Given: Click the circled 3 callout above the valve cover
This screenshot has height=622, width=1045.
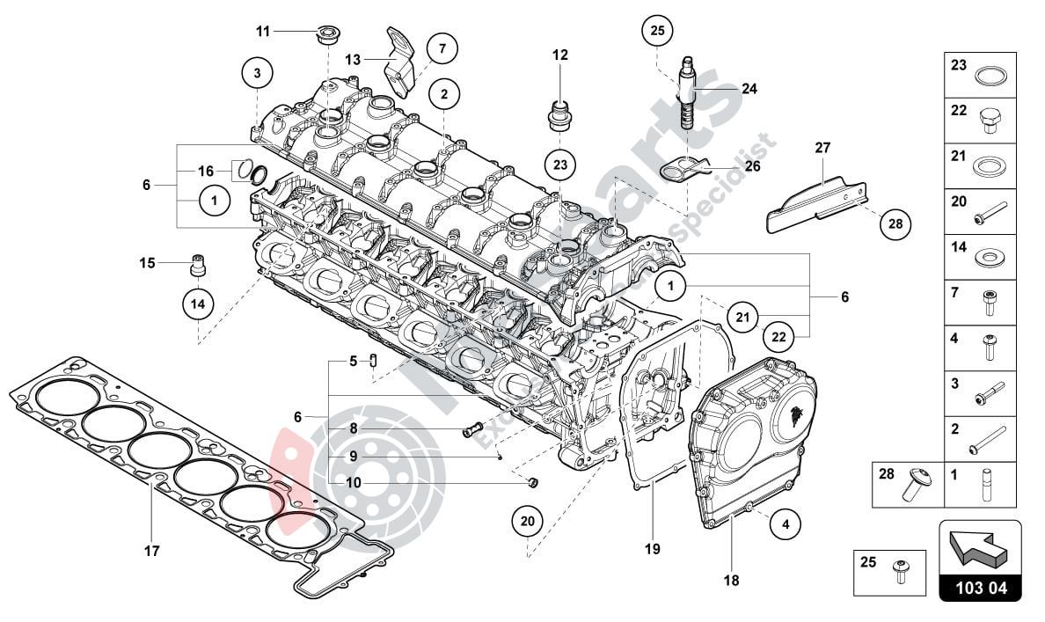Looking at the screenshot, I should [257, 74].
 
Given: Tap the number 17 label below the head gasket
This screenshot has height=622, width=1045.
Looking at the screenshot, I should [151, 552].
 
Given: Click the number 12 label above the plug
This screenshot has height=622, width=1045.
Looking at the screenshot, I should [560, 55].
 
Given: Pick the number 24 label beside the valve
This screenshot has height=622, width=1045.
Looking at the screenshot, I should [749, 89].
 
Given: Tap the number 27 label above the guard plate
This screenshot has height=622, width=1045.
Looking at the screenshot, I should [822, 148].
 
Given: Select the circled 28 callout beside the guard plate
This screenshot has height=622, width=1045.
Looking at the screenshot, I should [895, 223].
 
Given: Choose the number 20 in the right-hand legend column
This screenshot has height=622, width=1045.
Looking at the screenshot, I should [958, 201].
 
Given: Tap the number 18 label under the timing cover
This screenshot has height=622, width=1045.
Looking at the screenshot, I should [731, 581].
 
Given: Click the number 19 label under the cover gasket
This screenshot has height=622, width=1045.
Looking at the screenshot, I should [652, 550].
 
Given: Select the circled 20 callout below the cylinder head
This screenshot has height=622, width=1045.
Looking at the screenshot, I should [528, 521].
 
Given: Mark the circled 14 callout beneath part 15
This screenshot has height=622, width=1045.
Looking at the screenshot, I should [198, 304].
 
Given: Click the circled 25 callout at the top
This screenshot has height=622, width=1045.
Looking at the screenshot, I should [656, 31].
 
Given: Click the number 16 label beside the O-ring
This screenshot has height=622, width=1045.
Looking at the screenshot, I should [206, 171].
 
